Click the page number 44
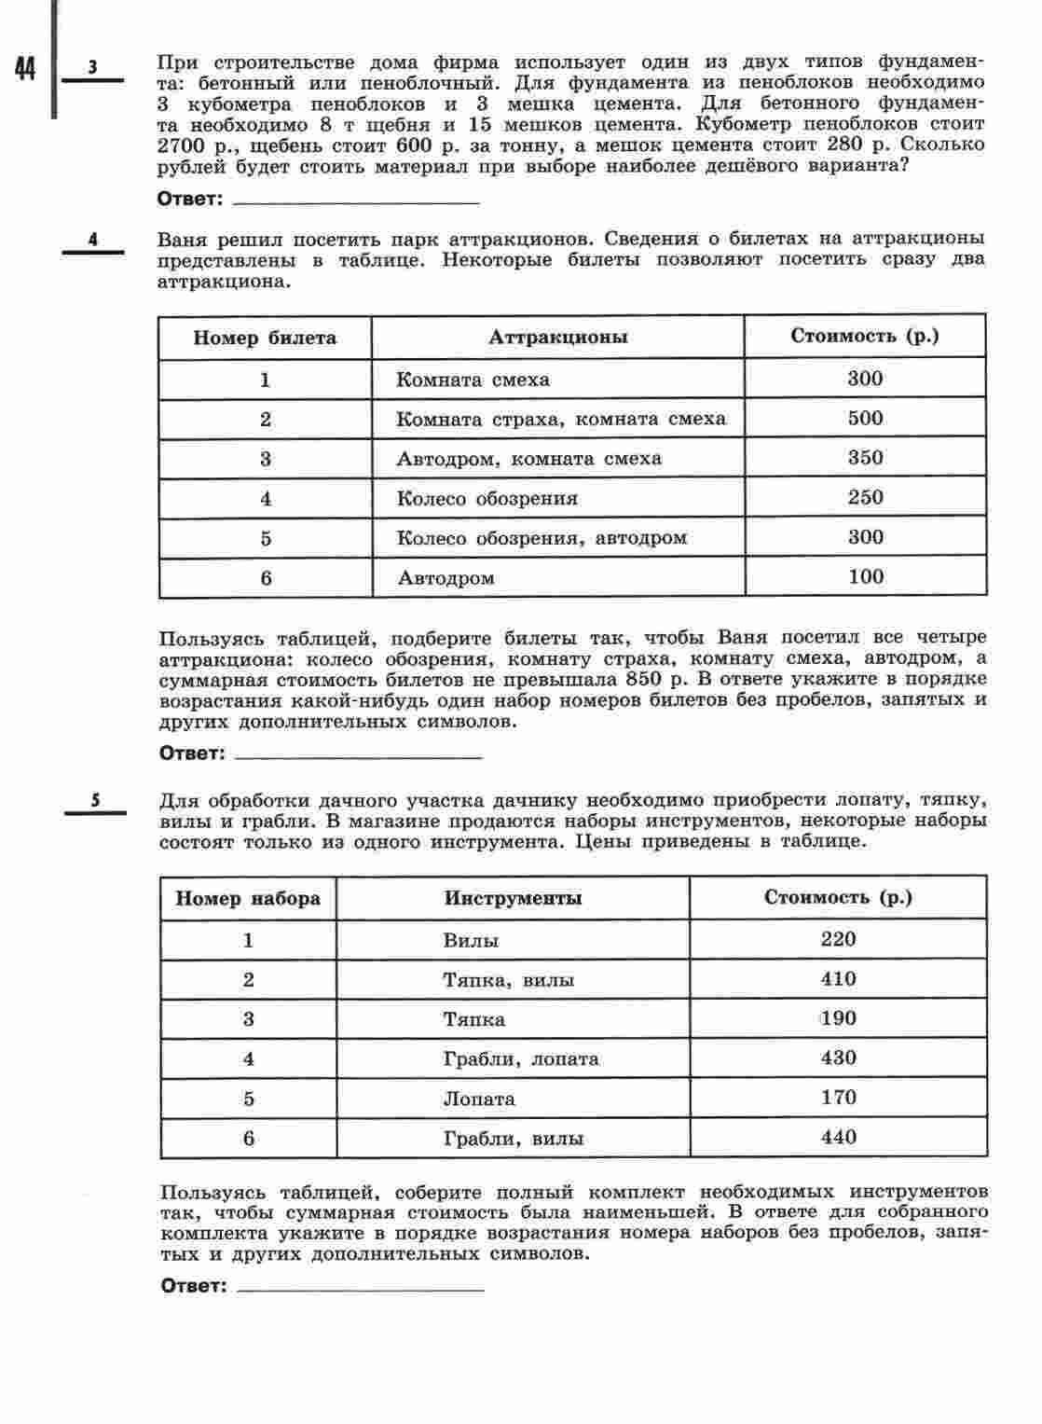point(25,69)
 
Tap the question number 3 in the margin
point(92,67)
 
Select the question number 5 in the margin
point(95,799)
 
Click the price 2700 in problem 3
point(180,145)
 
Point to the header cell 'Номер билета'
point(265,338)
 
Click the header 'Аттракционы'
point(557,338)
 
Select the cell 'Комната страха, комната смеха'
point(560,419)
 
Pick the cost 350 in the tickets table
point(865,458)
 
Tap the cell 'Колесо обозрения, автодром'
point(542,538)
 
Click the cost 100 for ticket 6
point(866,577)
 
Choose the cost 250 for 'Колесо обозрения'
point(865,498)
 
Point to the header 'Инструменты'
point(513,898)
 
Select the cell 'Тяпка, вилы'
point(508,980)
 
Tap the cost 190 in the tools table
point(838,1018)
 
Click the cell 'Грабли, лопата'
point(521,1059)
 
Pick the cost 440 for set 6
point(838,1138)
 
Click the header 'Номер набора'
point(248,898)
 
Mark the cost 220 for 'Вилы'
point(838,939)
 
